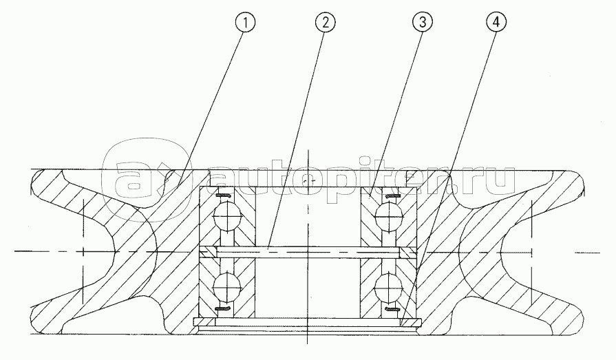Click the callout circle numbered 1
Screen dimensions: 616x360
245,23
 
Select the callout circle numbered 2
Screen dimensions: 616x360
326,23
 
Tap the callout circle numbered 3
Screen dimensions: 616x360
423,23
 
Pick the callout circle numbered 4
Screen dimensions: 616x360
496,23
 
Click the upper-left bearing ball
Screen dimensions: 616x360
227,217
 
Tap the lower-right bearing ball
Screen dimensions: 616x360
390,288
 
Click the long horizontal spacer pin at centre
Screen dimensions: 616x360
308,253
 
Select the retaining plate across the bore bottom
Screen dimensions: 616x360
307,322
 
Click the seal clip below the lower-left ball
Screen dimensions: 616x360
224,309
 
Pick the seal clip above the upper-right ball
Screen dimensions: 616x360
392,195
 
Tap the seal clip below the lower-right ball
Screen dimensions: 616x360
392,309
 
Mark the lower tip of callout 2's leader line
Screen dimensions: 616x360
268,248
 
